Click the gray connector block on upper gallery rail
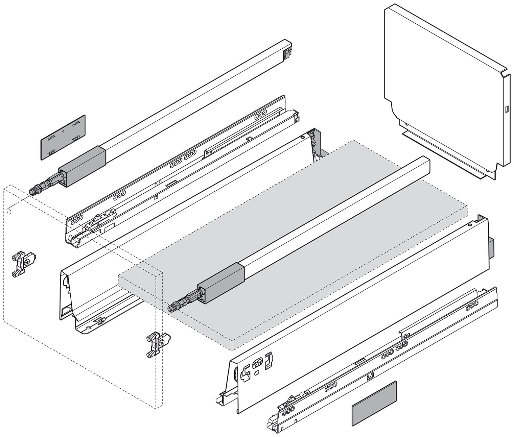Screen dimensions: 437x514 [x=83, y=166]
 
